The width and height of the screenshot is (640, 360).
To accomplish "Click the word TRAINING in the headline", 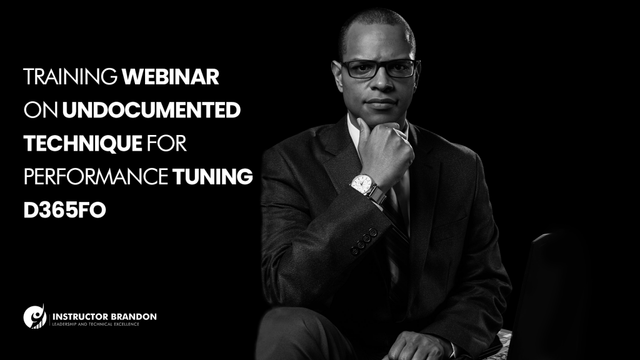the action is click(70, 77).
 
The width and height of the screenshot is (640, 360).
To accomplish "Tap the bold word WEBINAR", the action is click(171, 77).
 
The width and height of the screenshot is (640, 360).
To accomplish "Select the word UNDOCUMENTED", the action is click(151, 110).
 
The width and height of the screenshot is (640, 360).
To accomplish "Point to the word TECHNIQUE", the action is click(83, 144).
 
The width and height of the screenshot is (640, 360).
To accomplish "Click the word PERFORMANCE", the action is click(96, 177).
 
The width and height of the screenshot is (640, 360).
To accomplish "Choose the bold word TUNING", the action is click(212, 177).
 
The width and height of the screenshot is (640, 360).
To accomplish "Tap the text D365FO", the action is click(65, 210).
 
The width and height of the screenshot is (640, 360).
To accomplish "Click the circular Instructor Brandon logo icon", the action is click(35, 316).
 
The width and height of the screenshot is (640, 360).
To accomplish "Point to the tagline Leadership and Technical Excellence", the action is click(96, 324).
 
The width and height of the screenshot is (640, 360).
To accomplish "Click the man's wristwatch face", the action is click(362, 184).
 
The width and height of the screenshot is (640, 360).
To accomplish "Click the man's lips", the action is click(381, 103).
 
